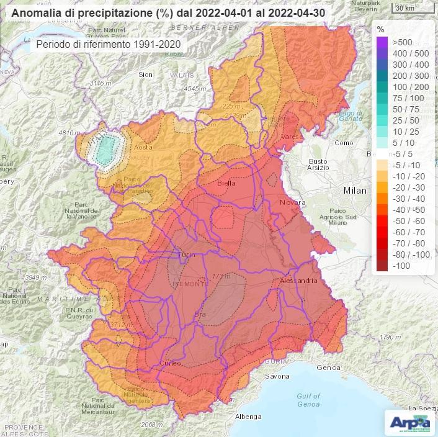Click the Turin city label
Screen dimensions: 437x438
coord(186,255)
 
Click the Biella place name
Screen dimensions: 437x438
coord(228,184)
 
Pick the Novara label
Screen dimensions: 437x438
coord(293,203)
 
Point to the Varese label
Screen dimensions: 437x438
coord(292,136)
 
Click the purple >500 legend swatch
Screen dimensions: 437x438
coord(382,42)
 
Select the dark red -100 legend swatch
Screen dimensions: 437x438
coord(382,265)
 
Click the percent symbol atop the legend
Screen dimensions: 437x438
coord(380,29)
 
